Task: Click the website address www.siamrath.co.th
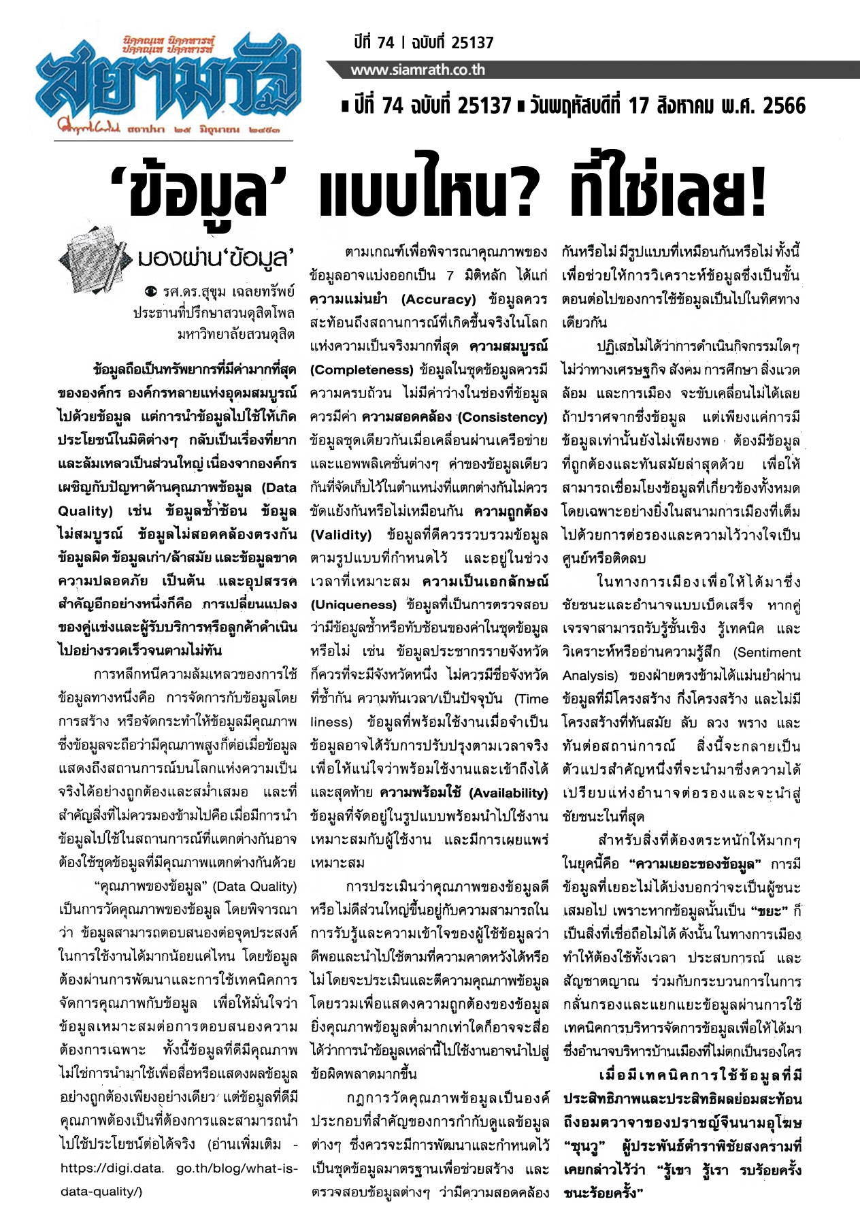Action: coord(418,70)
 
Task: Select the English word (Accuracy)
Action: coord(438,299)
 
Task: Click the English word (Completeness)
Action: coord(361,370)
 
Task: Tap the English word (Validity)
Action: coord(341,535)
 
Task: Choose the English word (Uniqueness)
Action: coord(353,605)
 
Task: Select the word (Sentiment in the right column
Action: coord(767,652)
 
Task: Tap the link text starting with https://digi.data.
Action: coord(112,1168)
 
